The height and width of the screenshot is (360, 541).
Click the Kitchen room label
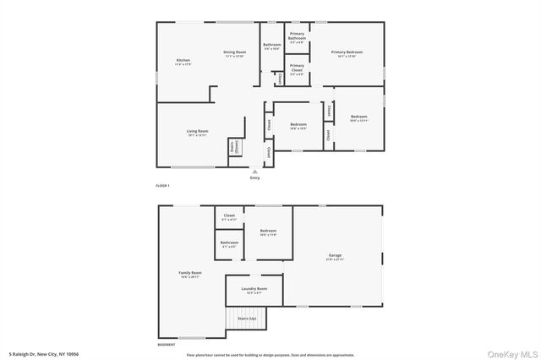click(183, 62)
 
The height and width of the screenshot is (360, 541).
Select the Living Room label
click(197, 133)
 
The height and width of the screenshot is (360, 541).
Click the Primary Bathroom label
click(297, 38)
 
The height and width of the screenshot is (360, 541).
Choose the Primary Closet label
click(297, 68)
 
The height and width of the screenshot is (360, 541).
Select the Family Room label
click(190, 275)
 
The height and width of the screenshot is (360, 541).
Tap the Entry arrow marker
click(254, 171)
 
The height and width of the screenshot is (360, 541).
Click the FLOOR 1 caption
click(163, 184)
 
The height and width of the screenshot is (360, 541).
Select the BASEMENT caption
click(167, 345)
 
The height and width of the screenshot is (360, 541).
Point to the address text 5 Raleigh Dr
click(42, 353)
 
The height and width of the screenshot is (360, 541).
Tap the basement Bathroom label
click(229, 244)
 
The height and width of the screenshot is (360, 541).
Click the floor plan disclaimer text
click(270, 353)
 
